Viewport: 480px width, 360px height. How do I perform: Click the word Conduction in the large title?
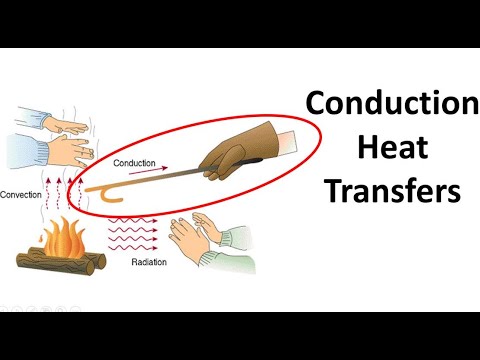pyautogui.click(x=392, y=103)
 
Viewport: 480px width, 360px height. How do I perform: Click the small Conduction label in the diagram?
pyautogui.click(x=134, y=161)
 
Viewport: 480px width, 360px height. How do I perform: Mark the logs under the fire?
pyautogui.click(x=60, y=263)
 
